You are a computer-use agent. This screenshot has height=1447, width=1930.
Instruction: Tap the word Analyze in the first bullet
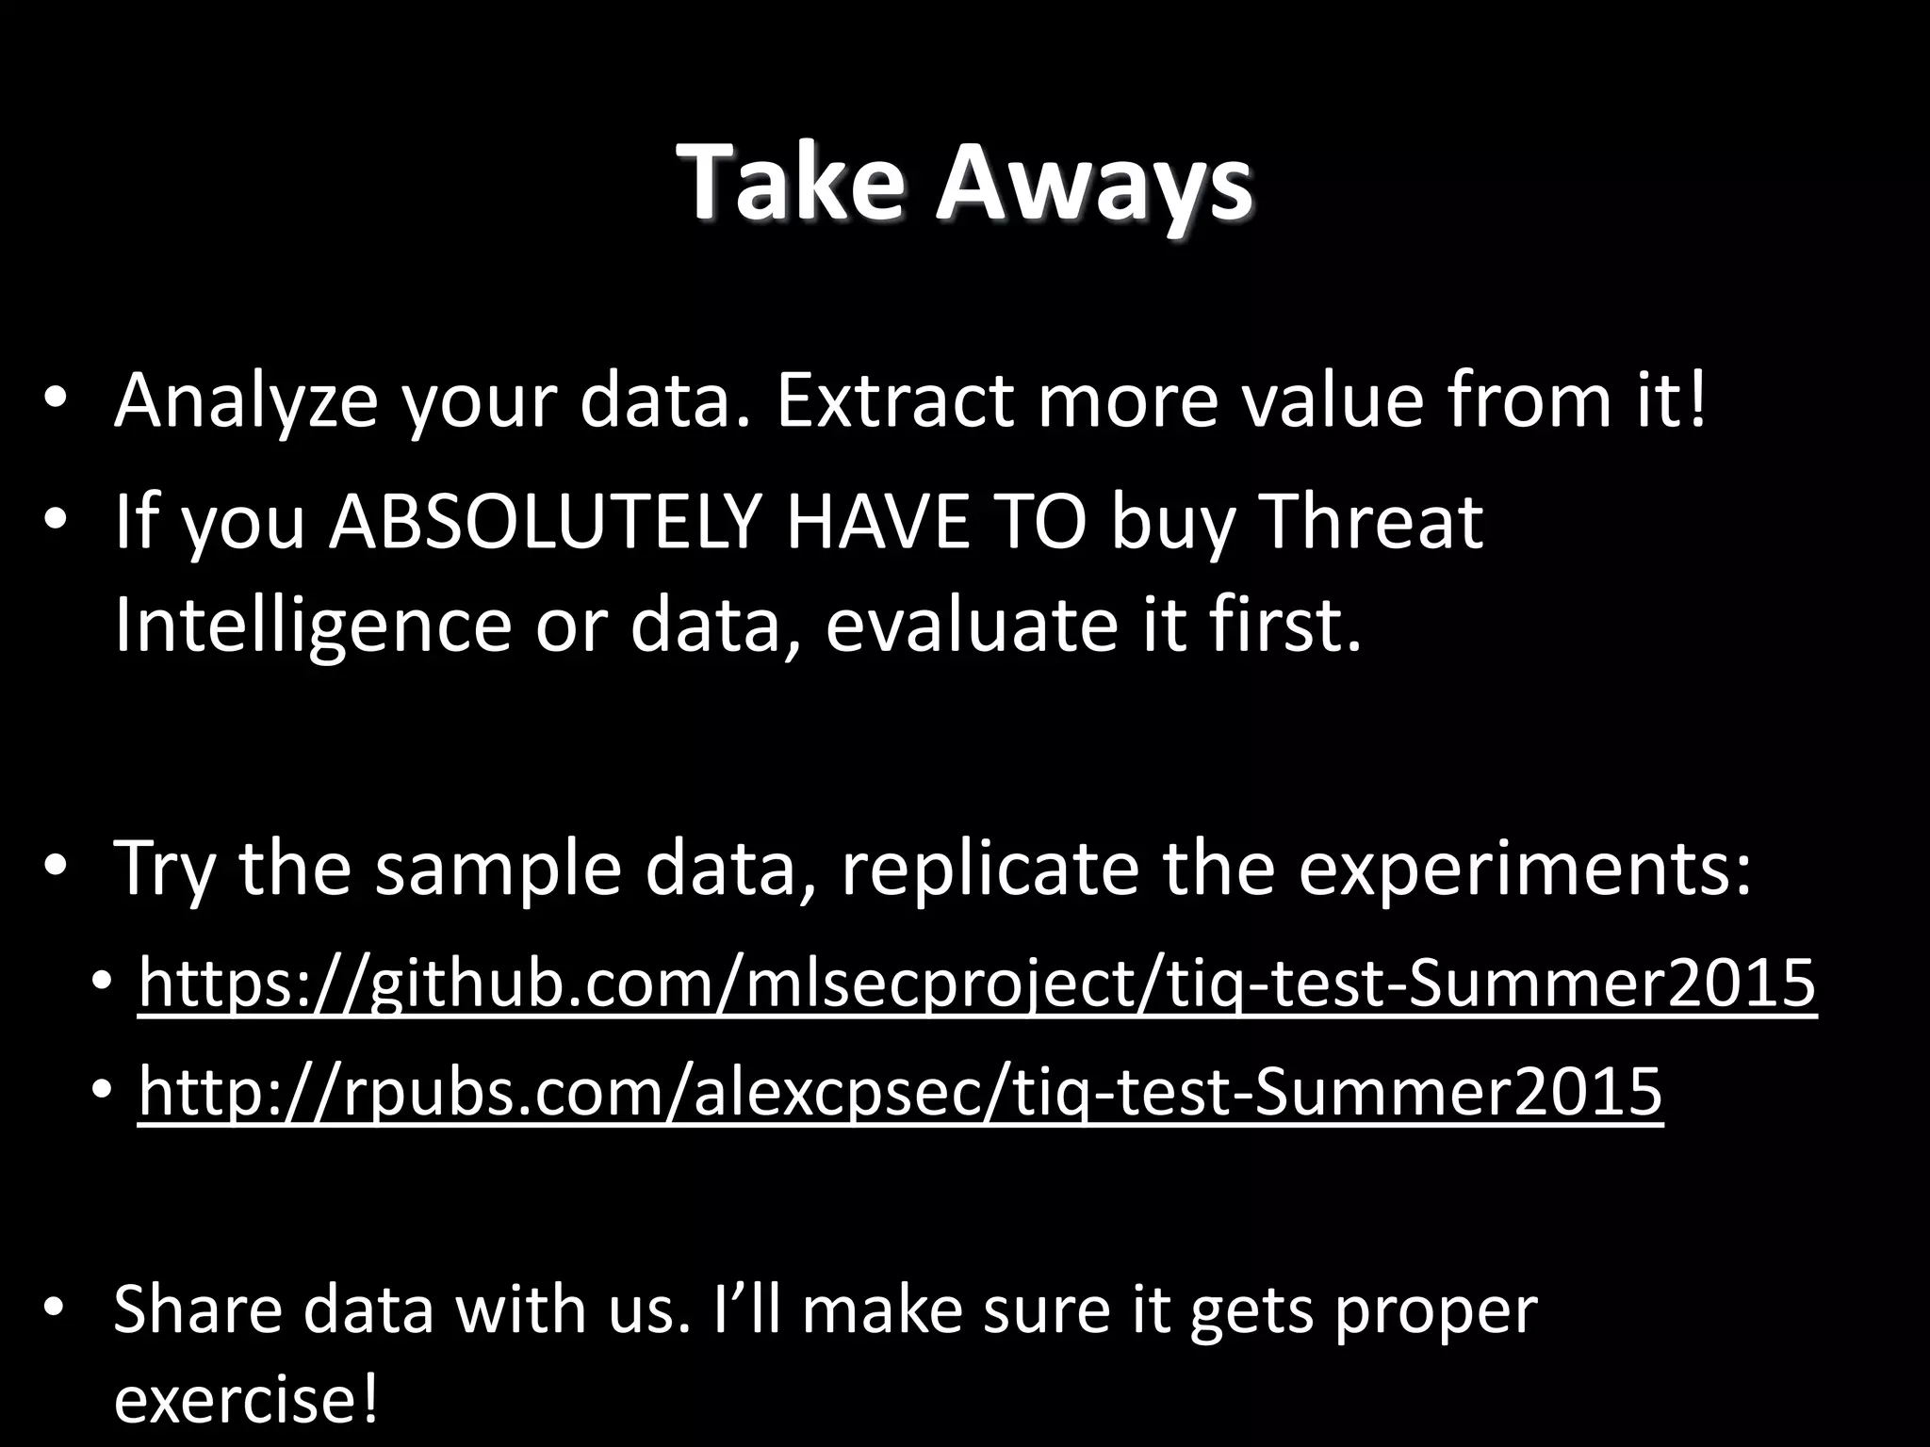pyautogui.click(x=245, y=400)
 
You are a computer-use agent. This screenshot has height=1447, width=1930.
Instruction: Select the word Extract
pyautogui.click(x=894, y=400)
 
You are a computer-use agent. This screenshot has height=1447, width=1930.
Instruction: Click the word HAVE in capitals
pyautogui.click(x=876, y=521)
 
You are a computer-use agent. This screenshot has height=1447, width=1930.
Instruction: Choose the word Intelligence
pyautogui.click(x=312, y=625)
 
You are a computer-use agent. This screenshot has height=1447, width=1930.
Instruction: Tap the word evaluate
pyautogui.click(x=971, y=625)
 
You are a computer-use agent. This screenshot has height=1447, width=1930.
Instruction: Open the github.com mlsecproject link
pyautogui.click(x=976, y=983)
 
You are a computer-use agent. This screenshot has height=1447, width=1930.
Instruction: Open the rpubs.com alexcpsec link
pyautogui.click(x=900, y=1091)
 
